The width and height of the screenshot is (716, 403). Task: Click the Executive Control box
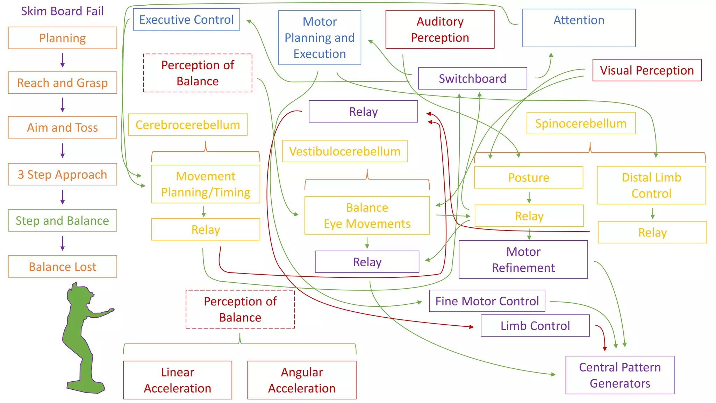(186, 20)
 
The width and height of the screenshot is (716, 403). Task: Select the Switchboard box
(472, 78)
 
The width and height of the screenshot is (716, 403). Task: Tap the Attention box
(579, 28)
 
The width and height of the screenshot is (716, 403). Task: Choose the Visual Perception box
(647, 70)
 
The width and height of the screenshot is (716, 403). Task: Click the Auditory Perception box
(440, 29)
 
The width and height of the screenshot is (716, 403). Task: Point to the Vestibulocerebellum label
(345, 151)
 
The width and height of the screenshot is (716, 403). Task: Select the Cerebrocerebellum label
(188, 125)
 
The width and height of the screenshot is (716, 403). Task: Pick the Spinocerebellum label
(581, 123)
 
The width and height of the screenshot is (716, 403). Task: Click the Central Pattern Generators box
(620, 375)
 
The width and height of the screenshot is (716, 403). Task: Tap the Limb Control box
(535, 326)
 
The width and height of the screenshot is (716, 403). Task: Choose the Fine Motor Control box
(487, 301)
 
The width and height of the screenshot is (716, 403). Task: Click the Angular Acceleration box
(302, 380)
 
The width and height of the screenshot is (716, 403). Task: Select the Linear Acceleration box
(178, 380)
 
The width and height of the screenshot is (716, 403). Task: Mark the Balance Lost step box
(63, 267)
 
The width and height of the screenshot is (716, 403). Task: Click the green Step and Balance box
(63, 220)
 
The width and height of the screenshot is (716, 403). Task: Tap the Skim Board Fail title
(62, 11)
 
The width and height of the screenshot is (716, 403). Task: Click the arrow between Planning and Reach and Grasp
(63, 60)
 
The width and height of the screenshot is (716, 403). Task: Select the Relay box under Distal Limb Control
(652, 232)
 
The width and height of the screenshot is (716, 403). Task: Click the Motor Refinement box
(523, 260)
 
